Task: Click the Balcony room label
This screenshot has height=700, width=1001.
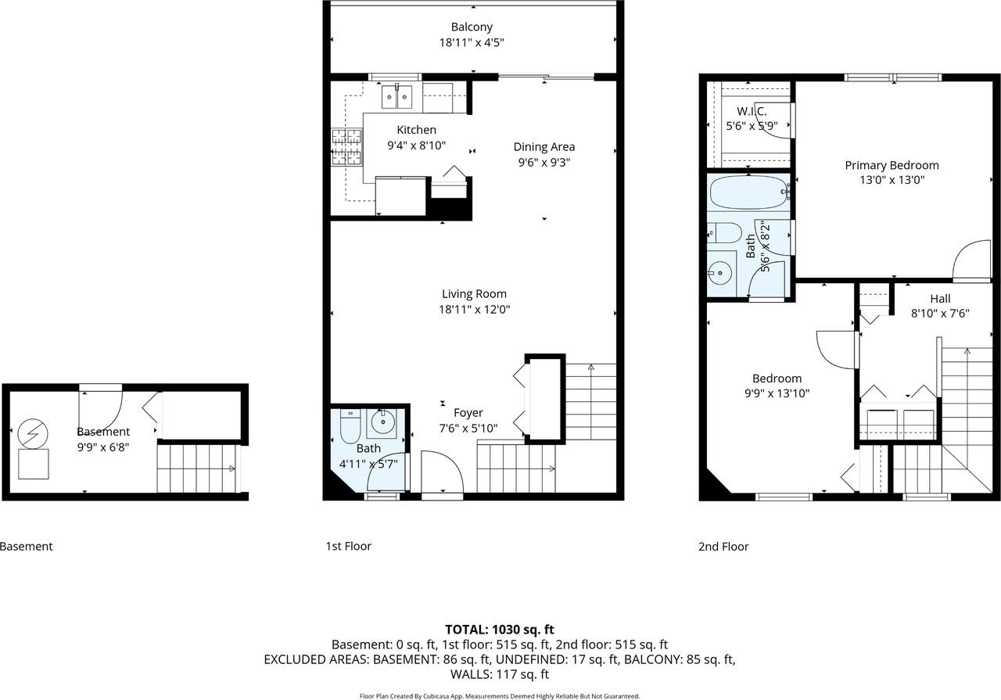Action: (472, 27)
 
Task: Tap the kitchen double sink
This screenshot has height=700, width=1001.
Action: (397, 96)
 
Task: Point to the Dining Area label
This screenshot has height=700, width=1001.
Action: (544, 147)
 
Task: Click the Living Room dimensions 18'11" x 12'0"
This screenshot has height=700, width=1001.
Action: (474, 310)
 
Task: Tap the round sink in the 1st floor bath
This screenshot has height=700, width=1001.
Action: (382, 423)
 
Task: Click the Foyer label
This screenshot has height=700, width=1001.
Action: (468, 413)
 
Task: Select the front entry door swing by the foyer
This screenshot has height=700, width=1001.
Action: (442, 471)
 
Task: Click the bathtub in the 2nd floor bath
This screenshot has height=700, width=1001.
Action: (748, 192)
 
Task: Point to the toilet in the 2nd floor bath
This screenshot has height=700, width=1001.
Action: (723, 232)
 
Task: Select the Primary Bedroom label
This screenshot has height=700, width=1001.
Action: (892, 165)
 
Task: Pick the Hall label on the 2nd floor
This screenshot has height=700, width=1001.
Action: (940, 299)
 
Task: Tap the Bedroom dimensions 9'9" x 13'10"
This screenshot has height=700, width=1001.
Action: (777, 393)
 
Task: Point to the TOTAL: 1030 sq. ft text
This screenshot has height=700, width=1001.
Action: (500, 629)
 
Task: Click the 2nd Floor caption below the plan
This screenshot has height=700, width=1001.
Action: (723, 547)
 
